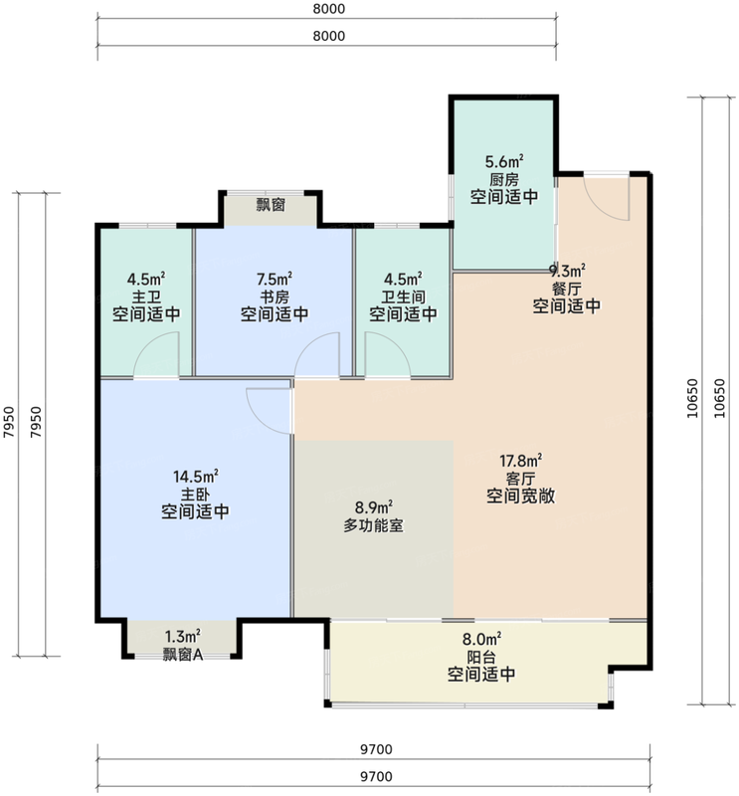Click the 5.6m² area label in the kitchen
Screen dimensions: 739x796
coord(504,162)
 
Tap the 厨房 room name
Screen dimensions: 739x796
coord(504,180)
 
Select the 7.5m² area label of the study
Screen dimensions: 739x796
coord(275,280)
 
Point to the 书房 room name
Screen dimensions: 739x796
coord(275,297)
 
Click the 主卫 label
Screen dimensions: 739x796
coord(146,297)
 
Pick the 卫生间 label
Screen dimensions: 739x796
coord(403,297)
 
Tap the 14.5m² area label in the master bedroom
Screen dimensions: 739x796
coord(195,477)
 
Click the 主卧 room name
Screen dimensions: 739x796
coord(195,495)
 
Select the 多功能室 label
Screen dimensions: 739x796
coord(374,525)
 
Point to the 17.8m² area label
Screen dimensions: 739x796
coord(521,461)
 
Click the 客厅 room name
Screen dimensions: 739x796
coord(521,479)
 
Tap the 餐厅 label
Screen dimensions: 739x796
coord(566,289)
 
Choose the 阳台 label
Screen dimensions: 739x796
coord(481,657)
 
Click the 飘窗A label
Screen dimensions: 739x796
coord(183,655)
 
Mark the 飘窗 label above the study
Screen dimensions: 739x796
coord(271,205)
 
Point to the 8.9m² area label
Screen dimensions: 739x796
coord(374,507)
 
